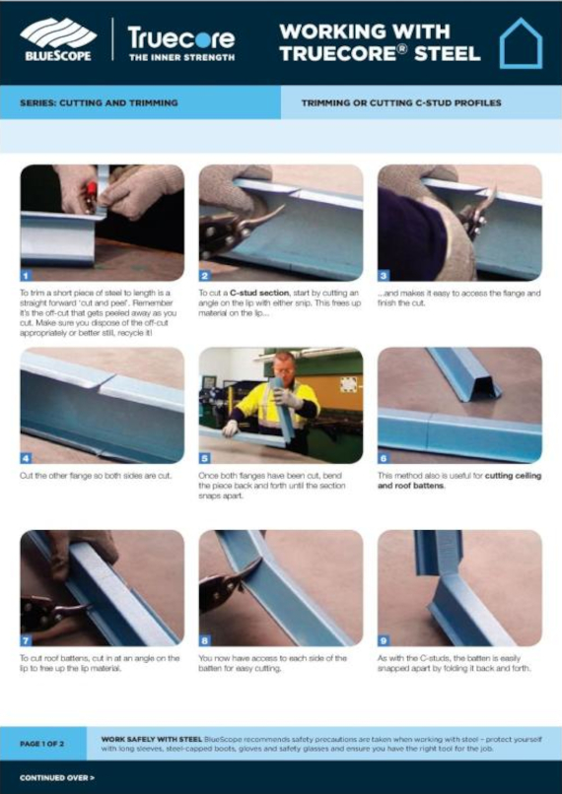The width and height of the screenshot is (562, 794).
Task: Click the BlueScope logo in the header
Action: pyautogui.click(x=56, y=40)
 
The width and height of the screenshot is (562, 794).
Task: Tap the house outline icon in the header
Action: pyautogui.click(x=521, y=43)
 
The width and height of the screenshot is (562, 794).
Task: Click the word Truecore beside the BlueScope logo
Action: pyautogui.click(x=181, y=38)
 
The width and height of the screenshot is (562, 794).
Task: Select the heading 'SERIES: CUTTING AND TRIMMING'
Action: pyautogui.click(x=99, y=102)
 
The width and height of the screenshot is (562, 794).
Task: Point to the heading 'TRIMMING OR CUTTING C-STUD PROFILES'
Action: pyautogui.click(x=401, y=102)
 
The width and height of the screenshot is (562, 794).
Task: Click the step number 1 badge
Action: pyautogui.click(x=27, y=276)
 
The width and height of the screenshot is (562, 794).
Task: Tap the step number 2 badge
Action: pyautogui.click(x=205, y=276)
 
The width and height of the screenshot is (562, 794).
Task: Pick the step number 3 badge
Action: pyautogui.click(x=384, y=276)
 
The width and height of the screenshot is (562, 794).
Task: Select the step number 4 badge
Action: pyautogui.click(x=27, y=458)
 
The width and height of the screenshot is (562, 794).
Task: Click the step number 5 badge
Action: pyautogui.click(x=205, y=458)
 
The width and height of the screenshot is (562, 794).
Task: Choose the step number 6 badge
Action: pyautogui.click(x=384, y=458)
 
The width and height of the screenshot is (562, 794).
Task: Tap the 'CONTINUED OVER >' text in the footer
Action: pyautogui.click(x=57, y=778)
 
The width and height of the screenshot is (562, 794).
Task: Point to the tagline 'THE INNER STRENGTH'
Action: pyautogui.click(x=181, y=58)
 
